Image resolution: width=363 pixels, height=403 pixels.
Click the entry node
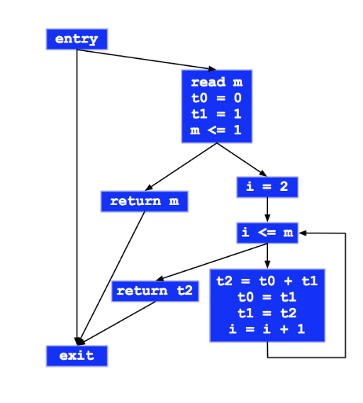[x=77, y=39]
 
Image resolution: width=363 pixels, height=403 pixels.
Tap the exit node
[x=77, y=356]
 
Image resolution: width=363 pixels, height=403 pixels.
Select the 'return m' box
[x=145, y=201]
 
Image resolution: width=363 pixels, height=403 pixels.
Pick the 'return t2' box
[x=155, y=291]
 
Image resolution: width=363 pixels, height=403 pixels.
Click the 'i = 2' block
[x=267, y=187]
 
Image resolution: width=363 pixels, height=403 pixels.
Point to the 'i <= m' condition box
[x=267, y=233]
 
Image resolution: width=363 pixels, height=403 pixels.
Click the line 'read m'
[x=217, y=82]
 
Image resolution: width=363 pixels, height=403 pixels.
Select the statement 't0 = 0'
[x=216, y=98]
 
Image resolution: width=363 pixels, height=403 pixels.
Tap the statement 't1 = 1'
[x=216, y=114]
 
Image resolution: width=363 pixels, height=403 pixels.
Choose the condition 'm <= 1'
[x=216, y=130]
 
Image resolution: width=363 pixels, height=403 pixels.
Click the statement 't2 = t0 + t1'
[x=267, y=281]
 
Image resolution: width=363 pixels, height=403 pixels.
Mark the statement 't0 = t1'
[x=267, y=297]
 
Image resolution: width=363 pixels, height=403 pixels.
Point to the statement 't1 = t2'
[x=267, y=313]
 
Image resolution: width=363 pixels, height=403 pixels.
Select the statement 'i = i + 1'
[x=267, y=329]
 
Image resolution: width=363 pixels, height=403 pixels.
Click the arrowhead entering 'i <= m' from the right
[x=302, y=233]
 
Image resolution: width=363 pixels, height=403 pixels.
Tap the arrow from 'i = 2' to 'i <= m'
[x=267, y=210]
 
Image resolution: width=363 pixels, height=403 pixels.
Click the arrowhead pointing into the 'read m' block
[x=212, y=69]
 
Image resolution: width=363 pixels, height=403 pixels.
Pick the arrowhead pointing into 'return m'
[x=149, y=187]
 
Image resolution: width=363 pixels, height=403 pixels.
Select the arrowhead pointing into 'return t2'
[x=160, y=278]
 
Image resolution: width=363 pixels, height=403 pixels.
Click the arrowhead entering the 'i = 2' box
[x=263, y=173]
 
